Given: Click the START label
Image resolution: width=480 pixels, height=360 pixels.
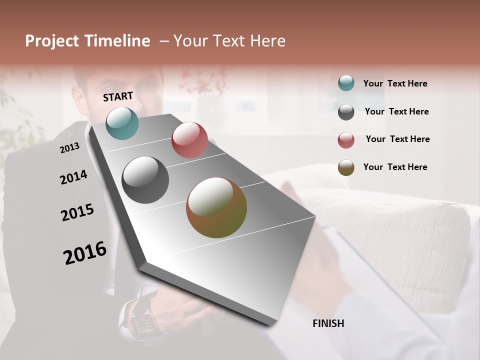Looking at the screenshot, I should tap(118, 96).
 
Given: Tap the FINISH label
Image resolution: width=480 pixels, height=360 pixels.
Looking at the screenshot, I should tap(328, 323).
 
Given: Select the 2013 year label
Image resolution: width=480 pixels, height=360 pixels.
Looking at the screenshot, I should tap(69, 148).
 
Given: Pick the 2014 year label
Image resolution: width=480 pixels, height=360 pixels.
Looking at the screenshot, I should tap(73, 177).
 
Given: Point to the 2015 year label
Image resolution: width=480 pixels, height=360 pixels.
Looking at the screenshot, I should tap(77, 212).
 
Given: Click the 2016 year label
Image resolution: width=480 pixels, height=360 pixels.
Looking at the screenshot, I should tap(85, 253).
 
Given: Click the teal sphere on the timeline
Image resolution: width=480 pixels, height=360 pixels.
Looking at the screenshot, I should tap(122, 123).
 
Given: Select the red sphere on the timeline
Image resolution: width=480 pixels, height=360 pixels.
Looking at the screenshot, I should tap(189, 140).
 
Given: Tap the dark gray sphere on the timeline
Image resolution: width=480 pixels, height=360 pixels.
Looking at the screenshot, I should tap(145, 180).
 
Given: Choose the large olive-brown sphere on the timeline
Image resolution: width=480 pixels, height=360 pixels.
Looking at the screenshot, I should tap(216, 207).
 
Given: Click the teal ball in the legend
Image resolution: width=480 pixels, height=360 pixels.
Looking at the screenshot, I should tap(346, 83).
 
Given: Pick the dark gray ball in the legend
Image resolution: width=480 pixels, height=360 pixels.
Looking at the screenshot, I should tap(346, 112).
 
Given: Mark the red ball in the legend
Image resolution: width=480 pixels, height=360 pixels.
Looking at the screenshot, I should tap(346, 140).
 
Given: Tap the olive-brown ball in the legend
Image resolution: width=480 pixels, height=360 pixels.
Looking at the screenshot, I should tap(346, 167).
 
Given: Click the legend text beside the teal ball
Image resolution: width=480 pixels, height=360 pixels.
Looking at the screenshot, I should tap(395, 83).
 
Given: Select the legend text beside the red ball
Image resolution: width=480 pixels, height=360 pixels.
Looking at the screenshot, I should tap(397, 139).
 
